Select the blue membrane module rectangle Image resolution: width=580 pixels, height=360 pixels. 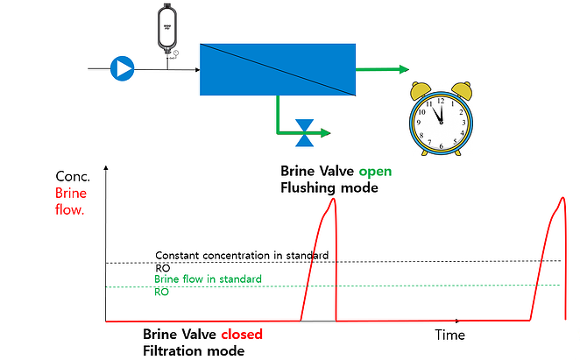[276, 68]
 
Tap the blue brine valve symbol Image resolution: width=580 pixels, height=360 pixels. [305, 133]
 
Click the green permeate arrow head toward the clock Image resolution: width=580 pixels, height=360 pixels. [404, 69]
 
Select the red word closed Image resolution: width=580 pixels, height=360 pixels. [240, 335]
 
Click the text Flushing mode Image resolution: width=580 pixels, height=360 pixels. [329, 187]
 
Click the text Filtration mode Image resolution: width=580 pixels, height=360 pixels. [193, 350]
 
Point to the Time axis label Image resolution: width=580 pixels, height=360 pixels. [449, 335]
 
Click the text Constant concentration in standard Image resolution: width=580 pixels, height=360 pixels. [242, 255]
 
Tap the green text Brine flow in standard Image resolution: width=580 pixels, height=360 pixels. [208, 279]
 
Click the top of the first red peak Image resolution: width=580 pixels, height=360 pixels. [332, 200]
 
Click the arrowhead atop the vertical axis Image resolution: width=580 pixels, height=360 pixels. [105, 168]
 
